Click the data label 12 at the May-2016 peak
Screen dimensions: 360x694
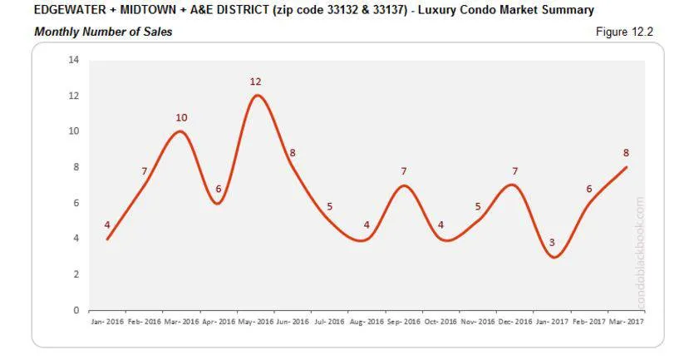pyautogui.click(x=255, y=81)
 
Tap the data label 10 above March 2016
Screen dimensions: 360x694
pyautogui.click(x=181, y=118)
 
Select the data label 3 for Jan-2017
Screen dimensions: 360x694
pyautogui.click(x=551, y=243)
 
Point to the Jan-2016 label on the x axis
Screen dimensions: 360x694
pyautogui.click(x=107, y=322)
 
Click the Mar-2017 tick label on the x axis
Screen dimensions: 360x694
pyautogui.click(x=625, y=322)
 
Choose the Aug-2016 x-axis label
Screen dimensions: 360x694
pyautogui.click(x=366, y=322)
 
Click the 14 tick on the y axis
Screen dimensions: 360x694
pyautogui.click(x=73, y=60)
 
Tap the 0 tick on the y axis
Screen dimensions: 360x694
pyautogui.click(x=76, y=310)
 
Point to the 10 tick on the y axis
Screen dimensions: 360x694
pyautogui.click(x=73, y=131)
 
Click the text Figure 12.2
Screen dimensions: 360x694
pyautogui.click(x=625, y=32)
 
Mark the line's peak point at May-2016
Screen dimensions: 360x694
pyautogui.click(x=257, y=96)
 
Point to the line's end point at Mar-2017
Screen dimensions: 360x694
pyautogui.click(x=626, y=167)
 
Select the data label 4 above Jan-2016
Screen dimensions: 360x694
pyautogui.click(x=107, y=224)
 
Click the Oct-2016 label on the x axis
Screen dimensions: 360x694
pyautogui.click(x=440, y=322)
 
